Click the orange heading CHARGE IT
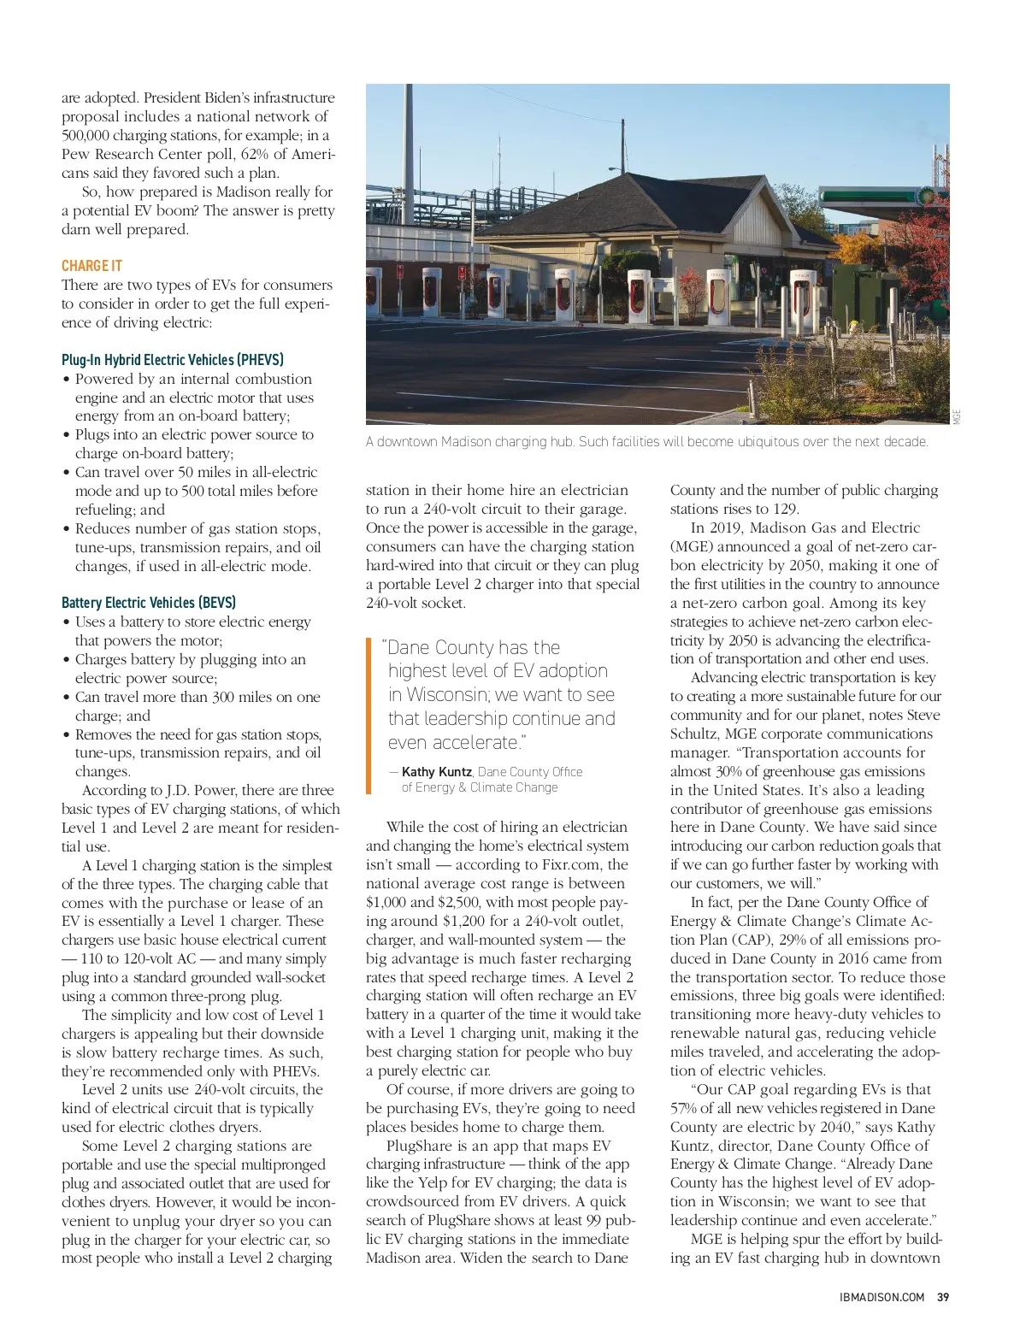tap(91, 266)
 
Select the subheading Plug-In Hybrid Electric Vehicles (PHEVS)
tap(173, 360)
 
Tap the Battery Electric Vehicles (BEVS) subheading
tap(149, 603)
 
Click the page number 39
tap(943, 1297)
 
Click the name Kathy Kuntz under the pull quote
tap(436, 772)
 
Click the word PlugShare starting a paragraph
tap(419, 1146)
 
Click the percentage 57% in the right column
tap(686, 1109)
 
